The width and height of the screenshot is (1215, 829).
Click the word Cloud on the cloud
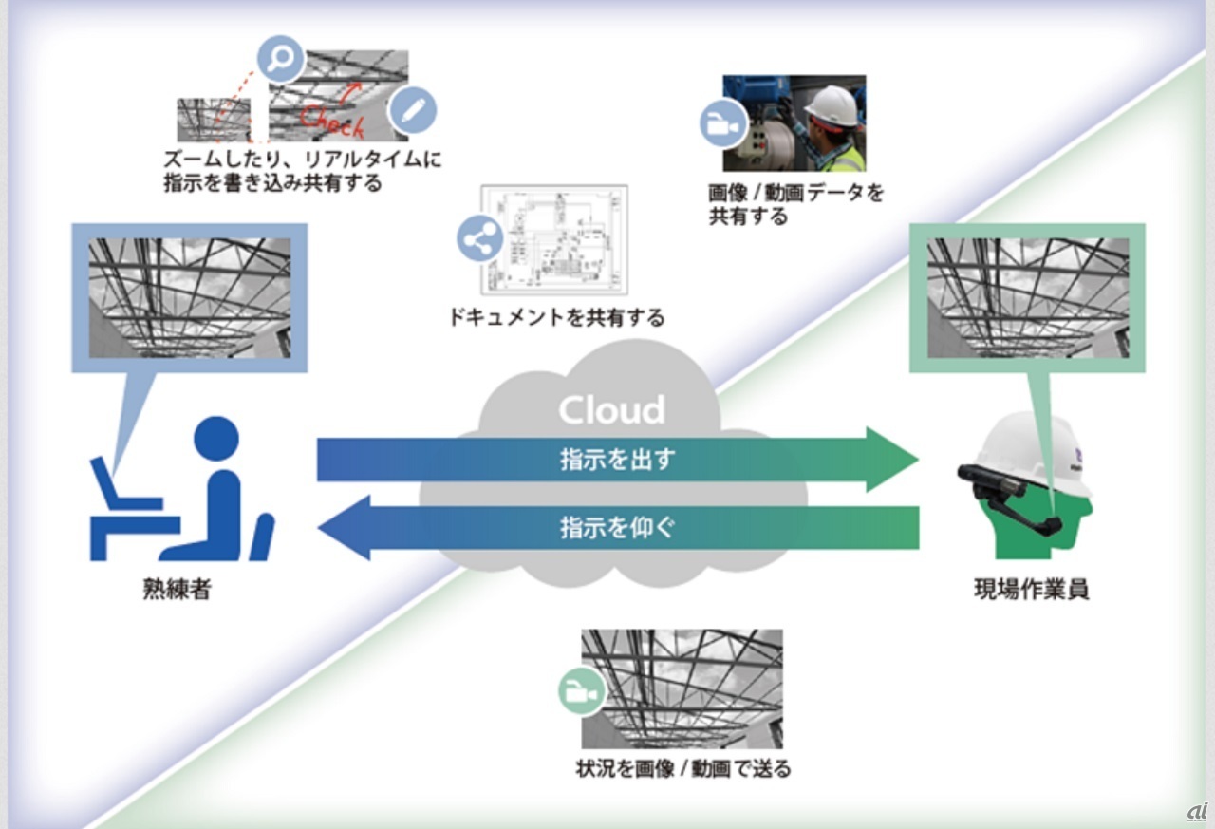click(611, 409)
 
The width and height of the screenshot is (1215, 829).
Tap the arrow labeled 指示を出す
click(617, 460)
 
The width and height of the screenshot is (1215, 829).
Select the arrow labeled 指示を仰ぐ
click(617, 527)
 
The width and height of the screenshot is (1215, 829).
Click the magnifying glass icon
click(280, 60)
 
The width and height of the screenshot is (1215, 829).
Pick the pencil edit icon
click(413, 110)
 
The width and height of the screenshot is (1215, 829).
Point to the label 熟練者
click(177, 590)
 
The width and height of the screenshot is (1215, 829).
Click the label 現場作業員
click(1031, 590)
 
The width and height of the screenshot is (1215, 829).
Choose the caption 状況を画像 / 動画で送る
click(682, 768)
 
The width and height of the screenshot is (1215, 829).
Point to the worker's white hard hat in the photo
click(832, 104)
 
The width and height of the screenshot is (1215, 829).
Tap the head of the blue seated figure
click(215, 440)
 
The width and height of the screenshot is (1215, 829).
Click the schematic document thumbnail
click(554, 239)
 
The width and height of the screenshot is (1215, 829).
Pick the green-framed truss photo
click(1027, 297)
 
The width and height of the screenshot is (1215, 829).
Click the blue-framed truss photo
click(190, 297)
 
